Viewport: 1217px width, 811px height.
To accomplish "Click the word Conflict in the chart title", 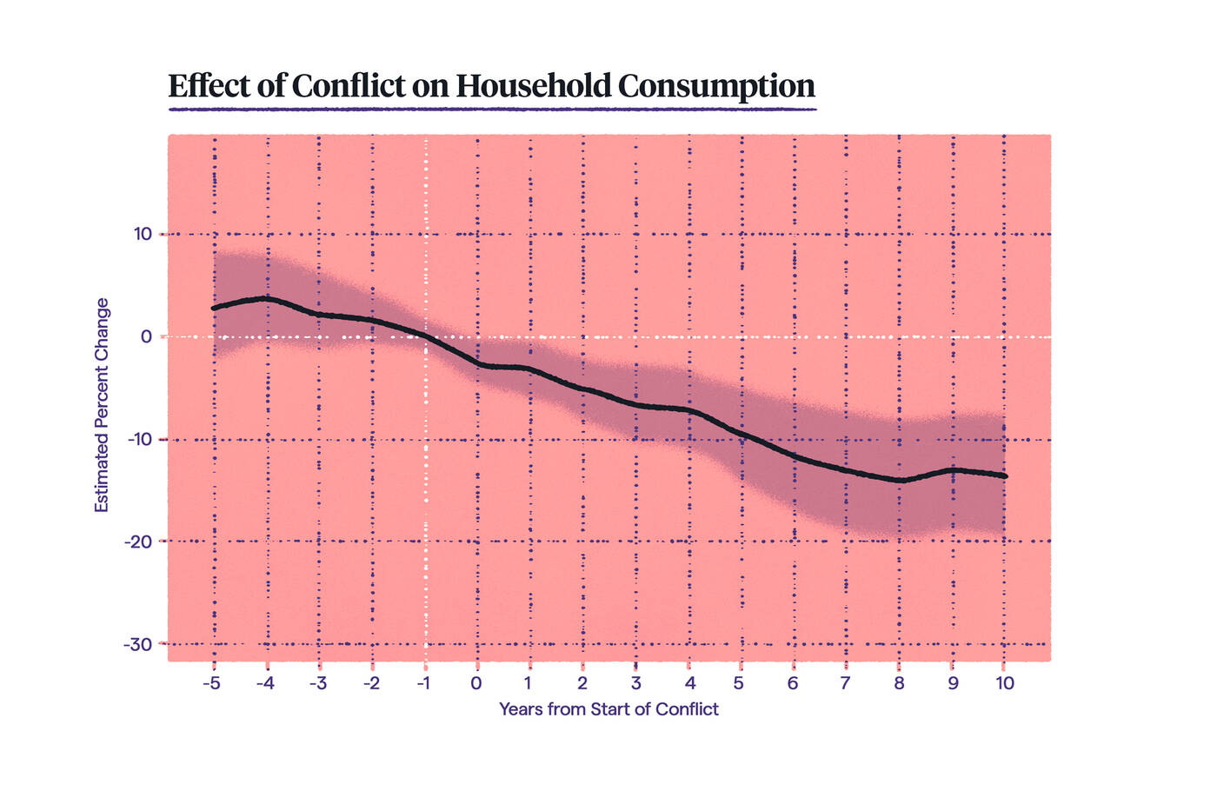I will click(x=349, y=86).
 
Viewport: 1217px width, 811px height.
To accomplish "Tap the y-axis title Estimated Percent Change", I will click(x=102, y=405).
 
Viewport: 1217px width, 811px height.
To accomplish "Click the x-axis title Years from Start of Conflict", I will click(x=608, y=709).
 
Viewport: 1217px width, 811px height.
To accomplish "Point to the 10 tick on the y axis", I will click(x=142, y=234).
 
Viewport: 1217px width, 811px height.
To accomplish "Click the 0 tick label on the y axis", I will click(x=146, y=336).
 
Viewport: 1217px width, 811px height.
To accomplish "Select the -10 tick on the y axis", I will click(x=139, y=439).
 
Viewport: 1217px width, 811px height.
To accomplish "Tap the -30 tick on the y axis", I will click(x=138, y=644).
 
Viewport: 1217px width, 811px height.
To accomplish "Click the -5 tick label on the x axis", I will click(x=211, y=683).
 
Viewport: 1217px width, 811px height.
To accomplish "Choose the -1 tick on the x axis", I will click(x=423, y=683).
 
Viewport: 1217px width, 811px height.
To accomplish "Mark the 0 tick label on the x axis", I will click(x=476, y=683).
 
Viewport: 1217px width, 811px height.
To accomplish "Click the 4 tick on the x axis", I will click(x=689, y=683).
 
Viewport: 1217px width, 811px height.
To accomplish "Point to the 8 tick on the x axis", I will click(x=899, y=683).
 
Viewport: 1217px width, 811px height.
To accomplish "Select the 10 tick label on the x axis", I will click(x=1004, y=683).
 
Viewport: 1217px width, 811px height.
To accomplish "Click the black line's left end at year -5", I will click(x=214, y=308).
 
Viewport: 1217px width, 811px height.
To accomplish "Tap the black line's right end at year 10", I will click(x=1005, y=475).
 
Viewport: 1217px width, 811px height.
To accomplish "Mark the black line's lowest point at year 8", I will click(x=901, y=480).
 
